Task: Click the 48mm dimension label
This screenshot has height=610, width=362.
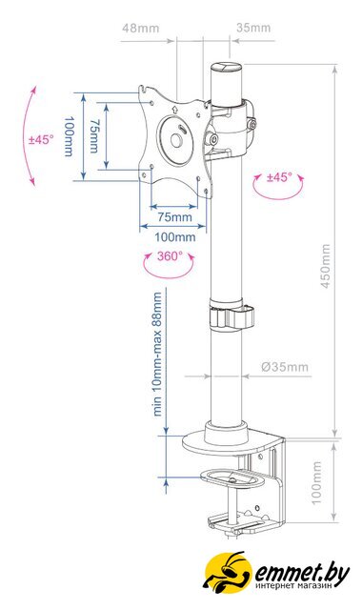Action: (140, 29)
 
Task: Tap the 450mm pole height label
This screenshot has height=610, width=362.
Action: (325, 266)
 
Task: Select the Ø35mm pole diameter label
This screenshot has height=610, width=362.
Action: (285, 367)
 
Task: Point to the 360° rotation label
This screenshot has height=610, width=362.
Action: (170, 256)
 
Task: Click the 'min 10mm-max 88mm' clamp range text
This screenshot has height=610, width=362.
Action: (157, 355)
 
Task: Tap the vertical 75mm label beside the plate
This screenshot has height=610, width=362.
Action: (93, 136)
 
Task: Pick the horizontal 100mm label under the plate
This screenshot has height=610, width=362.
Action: (175, 236)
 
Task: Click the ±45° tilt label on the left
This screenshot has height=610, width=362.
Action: (41, 139)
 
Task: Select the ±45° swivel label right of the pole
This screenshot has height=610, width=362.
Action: (279, 177)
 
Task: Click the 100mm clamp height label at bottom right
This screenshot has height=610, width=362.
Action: (317, 483)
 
